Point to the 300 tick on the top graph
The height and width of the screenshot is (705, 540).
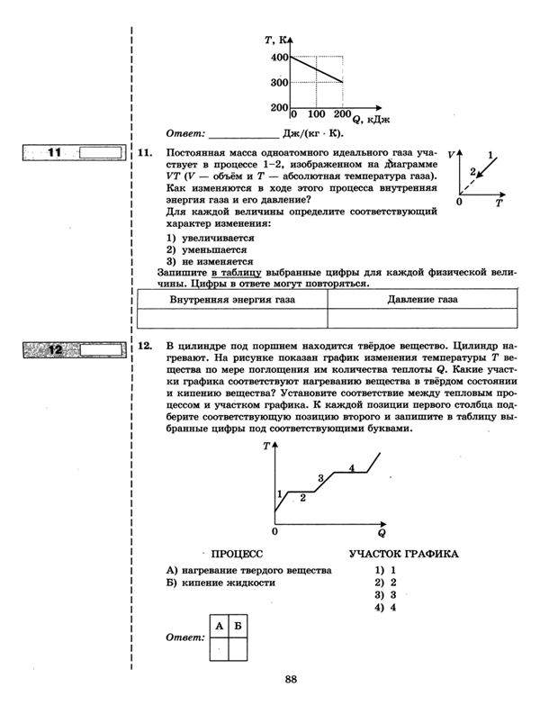(278, 83)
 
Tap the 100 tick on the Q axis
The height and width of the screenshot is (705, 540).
(316, 116)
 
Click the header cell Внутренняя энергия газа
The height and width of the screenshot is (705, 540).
(231, 299)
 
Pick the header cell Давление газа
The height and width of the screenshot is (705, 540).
(422, 299)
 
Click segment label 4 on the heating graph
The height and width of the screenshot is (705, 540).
(352, 467)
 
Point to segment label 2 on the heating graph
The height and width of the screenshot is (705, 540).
(303, 496)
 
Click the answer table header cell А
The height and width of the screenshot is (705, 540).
(219, 625)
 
